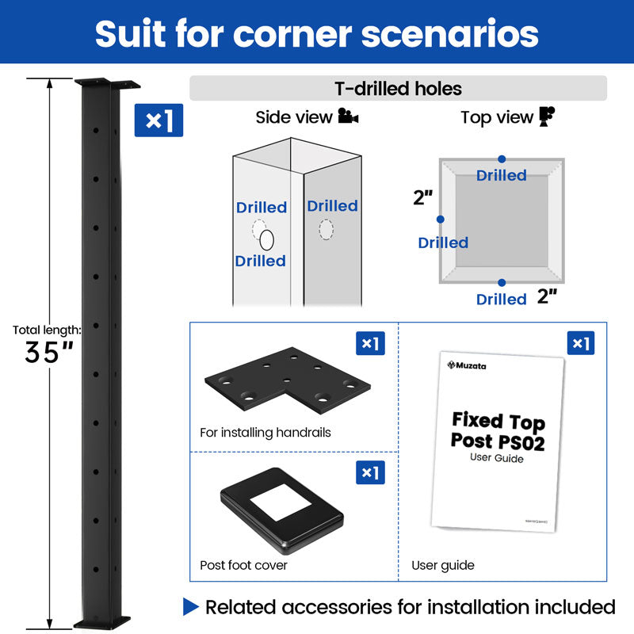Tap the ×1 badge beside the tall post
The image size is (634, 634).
click(x=158, y=120)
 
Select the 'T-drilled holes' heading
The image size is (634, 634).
click(x=398, y=88)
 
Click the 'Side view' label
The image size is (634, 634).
click(x=293, y=117)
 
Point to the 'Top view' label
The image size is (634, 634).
click(x=497, y=117)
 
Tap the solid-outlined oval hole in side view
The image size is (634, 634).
click(x=268, y=239)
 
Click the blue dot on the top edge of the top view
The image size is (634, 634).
click(x=502, y=159)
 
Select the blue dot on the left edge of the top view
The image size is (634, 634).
click(x=440, y=219)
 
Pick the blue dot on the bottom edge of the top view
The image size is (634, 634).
click(x=502, y=282)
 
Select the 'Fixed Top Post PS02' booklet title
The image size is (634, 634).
click(x=498, y=430)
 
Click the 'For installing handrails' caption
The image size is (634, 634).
click(x=265, y=433)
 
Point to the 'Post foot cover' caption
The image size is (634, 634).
click(x=243, y=565)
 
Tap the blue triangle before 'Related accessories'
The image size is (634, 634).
click(x=191, y=607)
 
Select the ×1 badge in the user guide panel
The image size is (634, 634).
click(x=581, y=343)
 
